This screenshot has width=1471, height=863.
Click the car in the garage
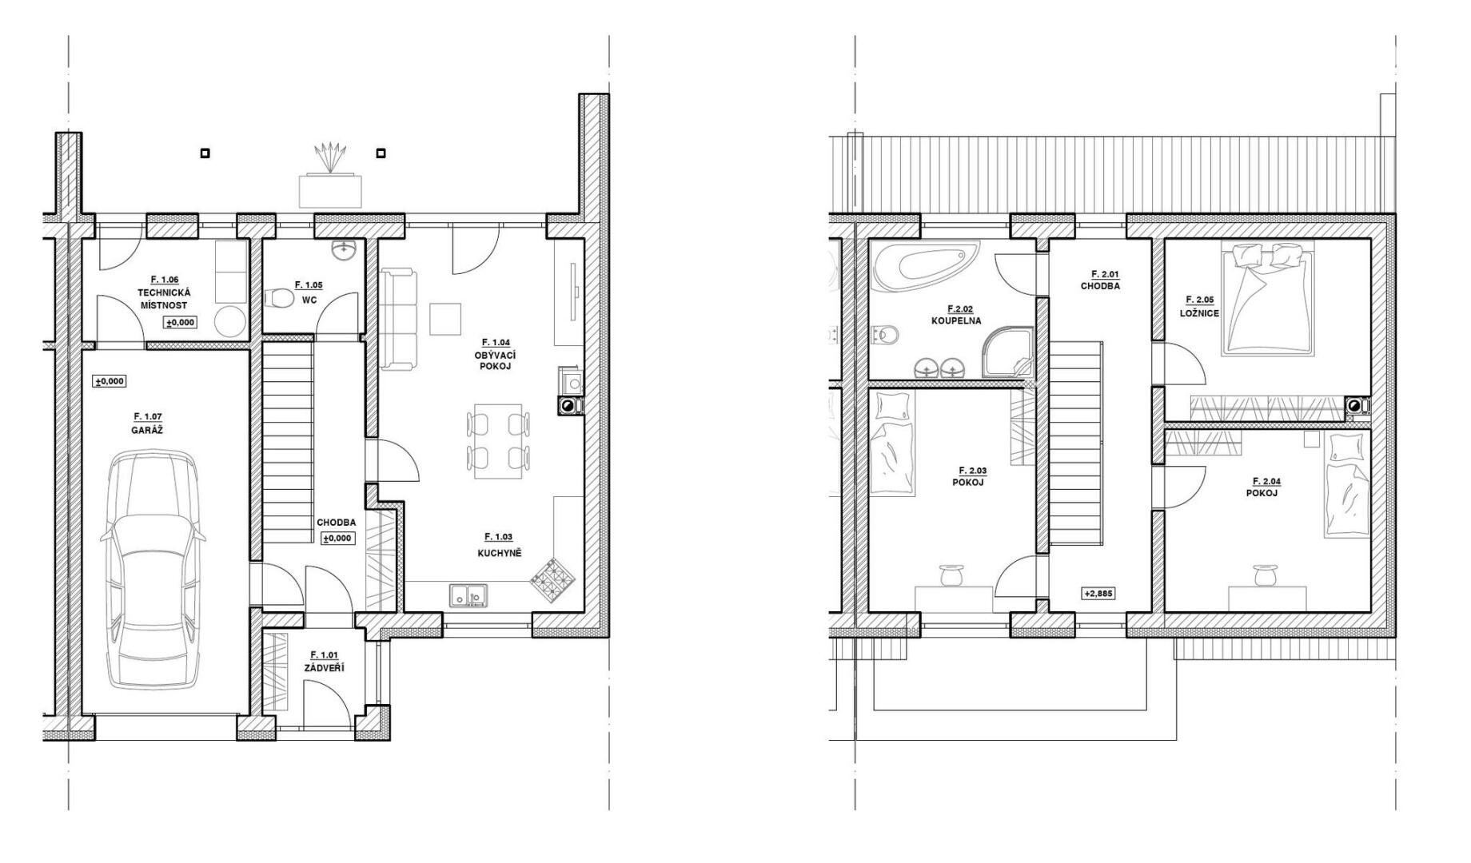(x=153, y=569)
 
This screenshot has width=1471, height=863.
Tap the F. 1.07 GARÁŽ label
(x=148, y=424)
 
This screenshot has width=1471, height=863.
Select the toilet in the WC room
(x=277, y=299)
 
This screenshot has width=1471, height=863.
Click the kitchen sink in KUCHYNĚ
(x=468, y=595)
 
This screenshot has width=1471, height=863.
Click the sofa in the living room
(x=398, y=320)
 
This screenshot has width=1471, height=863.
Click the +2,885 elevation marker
(x=1098, y=594)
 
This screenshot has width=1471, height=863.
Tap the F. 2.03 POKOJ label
(x=967, y=476)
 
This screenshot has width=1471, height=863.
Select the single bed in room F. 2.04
(x=1347, y=485)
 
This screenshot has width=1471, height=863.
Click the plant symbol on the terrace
(x=330, y=156)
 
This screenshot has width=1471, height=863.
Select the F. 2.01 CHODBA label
(x=1100, y=280)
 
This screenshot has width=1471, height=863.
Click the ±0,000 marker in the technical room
(x=180, y=323)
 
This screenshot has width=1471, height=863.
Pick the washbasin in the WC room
(x=345, y=250)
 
